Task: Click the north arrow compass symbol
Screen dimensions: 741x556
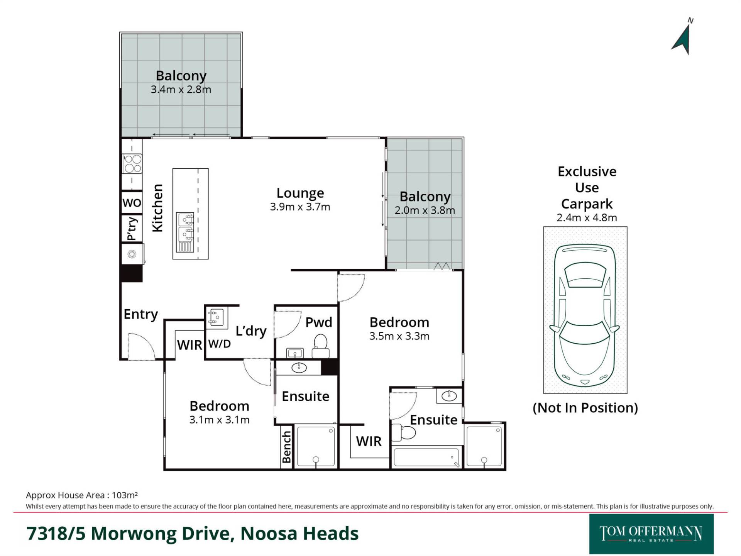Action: [683, 39]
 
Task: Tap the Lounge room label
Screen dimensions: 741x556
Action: [300, 193]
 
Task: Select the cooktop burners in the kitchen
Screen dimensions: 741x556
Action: [132, 164]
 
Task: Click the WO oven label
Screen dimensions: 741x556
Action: [132, 203]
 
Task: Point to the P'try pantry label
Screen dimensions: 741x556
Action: [132, 229]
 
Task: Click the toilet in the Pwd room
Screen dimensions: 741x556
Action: [320, 346]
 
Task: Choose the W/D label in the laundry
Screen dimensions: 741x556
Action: [219, 344]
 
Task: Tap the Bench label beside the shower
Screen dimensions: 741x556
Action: [286, 447]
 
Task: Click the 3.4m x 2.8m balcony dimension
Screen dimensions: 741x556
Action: [181, 90]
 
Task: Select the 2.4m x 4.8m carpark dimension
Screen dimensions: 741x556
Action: [587, 218]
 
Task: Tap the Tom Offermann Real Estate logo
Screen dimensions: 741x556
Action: [651, 534]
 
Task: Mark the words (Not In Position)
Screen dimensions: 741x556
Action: [585, 408]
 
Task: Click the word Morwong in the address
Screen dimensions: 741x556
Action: [135, 534]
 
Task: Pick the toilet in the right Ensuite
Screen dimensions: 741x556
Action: [403, 432]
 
